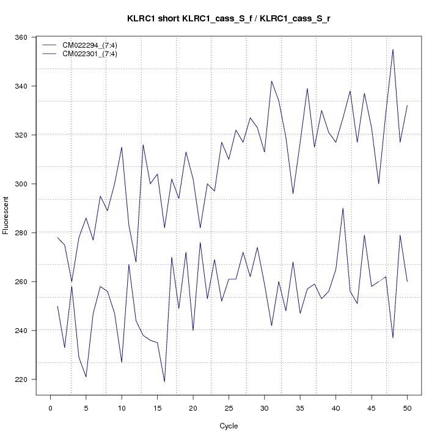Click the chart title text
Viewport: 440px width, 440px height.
[229, 19]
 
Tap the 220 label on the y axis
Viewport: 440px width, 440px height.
[27, 380]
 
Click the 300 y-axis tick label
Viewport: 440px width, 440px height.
[27, 184]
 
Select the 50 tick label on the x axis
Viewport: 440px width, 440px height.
[407, 408]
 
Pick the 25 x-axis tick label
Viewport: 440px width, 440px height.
[229, 408]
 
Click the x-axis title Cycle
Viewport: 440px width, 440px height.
[229, 426]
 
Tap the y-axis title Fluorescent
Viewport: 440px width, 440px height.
[7, 215]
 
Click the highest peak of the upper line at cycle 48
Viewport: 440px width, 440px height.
[393, 50]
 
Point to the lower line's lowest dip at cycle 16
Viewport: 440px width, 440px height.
[164, 381]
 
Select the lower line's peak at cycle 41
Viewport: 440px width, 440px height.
[343, 208]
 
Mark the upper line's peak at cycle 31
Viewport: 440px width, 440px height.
[271, 81]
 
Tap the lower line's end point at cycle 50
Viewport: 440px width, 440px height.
[407, 282]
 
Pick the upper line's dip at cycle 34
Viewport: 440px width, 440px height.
[293, 194]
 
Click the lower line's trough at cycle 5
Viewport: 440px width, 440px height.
[86, 376]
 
